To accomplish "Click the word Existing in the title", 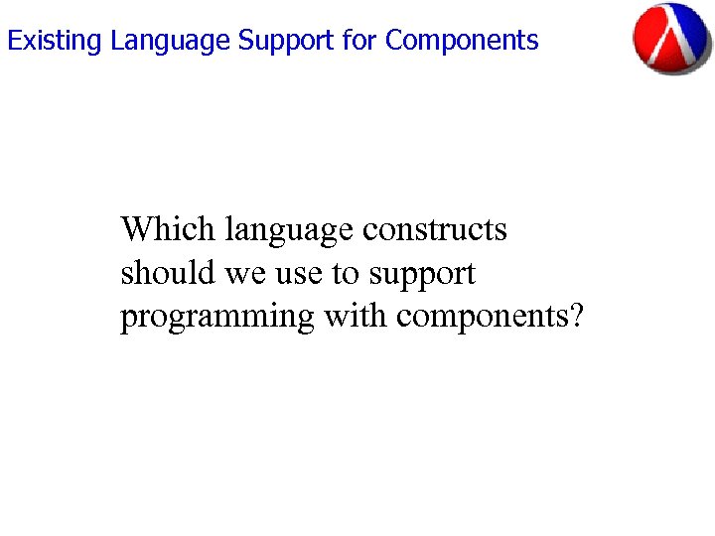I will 55,41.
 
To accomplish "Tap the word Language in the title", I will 170,41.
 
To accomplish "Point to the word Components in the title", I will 462,41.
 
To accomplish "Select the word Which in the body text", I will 168,229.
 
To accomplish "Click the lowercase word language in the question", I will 289,231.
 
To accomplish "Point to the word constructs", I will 435,230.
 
